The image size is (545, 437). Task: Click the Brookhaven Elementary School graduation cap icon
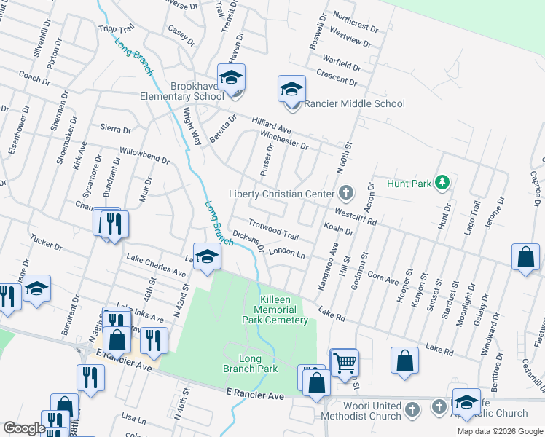pos(231,76)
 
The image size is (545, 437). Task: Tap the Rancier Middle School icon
pos(291,90)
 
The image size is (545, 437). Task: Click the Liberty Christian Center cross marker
pos(346,193)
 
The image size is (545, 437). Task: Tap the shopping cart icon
pos(344,362)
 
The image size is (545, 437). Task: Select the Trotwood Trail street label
pos(273,230)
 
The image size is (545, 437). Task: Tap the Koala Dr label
pos(338,230)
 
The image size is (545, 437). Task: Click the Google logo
pos(24,428)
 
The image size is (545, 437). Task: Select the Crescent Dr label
pos(337,76)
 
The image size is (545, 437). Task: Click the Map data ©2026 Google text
pos(499,431)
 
